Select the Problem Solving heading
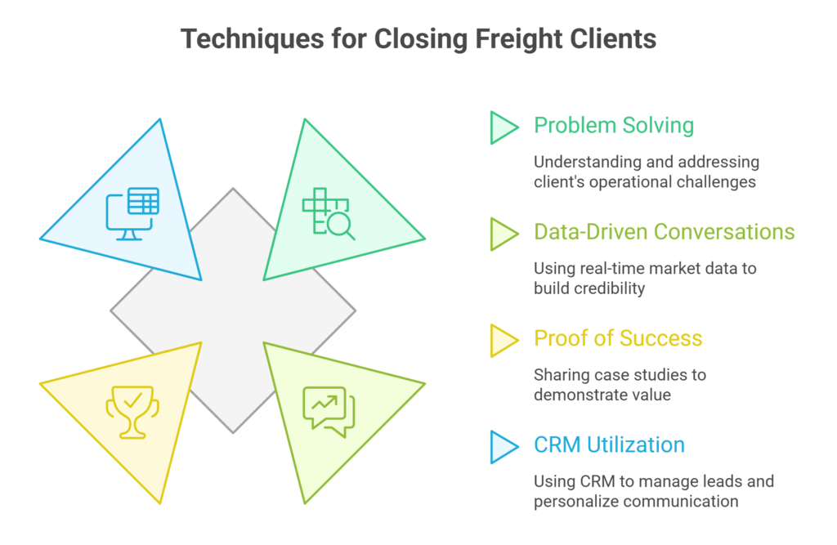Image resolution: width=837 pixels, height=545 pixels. click(613, 126)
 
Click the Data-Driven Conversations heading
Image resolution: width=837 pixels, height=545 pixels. click(664, 232)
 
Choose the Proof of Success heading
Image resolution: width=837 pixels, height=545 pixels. click(618, 338)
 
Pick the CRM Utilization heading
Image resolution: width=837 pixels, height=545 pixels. click(609, 444)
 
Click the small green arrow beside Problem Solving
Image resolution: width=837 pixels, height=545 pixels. click(504, 127)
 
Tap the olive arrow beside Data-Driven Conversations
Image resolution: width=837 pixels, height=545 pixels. click(504, 234)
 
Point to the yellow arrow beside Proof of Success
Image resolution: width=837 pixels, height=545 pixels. click(504, 340)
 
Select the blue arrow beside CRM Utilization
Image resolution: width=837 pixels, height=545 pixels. click(504, 446)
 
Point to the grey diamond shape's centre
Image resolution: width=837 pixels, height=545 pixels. click(233, 310)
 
